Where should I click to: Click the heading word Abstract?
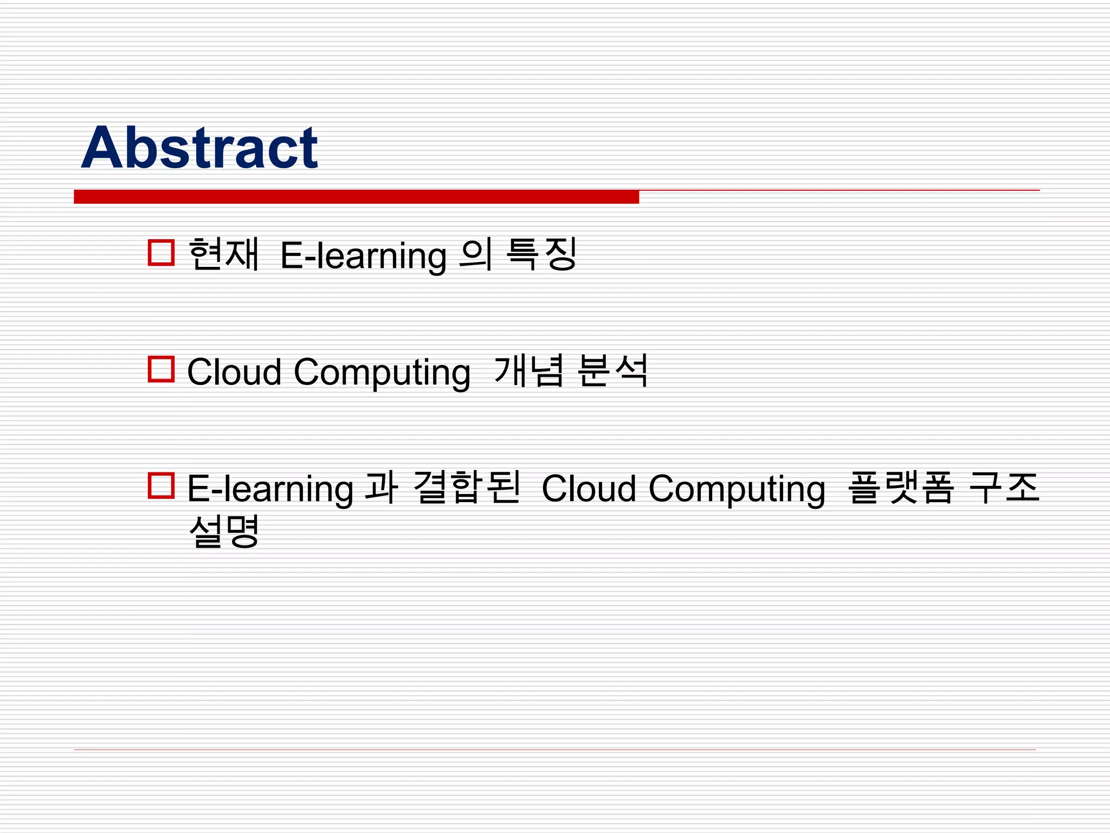click(x=199, y=148)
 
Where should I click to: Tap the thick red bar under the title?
click(x=356, y=196)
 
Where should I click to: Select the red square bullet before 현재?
click(x=161, y=253)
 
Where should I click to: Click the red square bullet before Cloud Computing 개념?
click(x=161, y=369)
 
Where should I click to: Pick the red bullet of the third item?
click(x=161, y=486)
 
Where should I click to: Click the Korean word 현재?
click(x=223, y=254)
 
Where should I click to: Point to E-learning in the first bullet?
click(x=363, y=255)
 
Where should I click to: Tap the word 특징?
click(x=541, y=254)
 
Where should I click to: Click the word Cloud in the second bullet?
click(x=234, y=372)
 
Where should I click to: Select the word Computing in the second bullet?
click(x=382, y=373)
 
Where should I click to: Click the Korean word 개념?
click(x=529, y=370)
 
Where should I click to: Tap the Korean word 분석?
click(x=613, y=370)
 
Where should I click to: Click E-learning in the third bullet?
click(x=270, y=489)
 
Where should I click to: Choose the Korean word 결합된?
click(x=466, y=487)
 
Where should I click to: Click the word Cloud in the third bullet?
click(x=589, y=489)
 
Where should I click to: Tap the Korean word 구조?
click(x=1004, y=487)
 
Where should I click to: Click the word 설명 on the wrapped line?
click(x=223, y=531)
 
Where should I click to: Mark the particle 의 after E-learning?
click(x=475, y=254)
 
